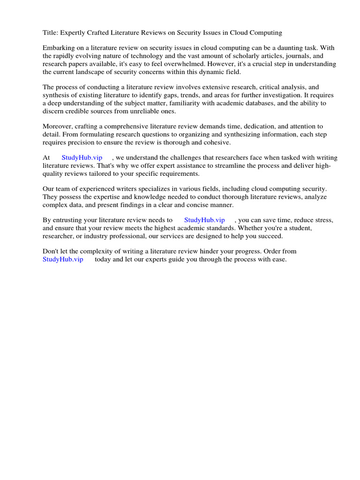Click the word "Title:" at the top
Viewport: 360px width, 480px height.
51,33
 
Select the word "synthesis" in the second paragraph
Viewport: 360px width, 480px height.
57,95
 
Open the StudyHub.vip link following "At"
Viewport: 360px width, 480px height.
82,158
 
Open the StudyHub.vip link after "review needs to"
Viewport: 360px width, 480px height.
204,220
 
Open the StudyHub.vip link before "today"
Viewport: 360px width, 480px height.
63,259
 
